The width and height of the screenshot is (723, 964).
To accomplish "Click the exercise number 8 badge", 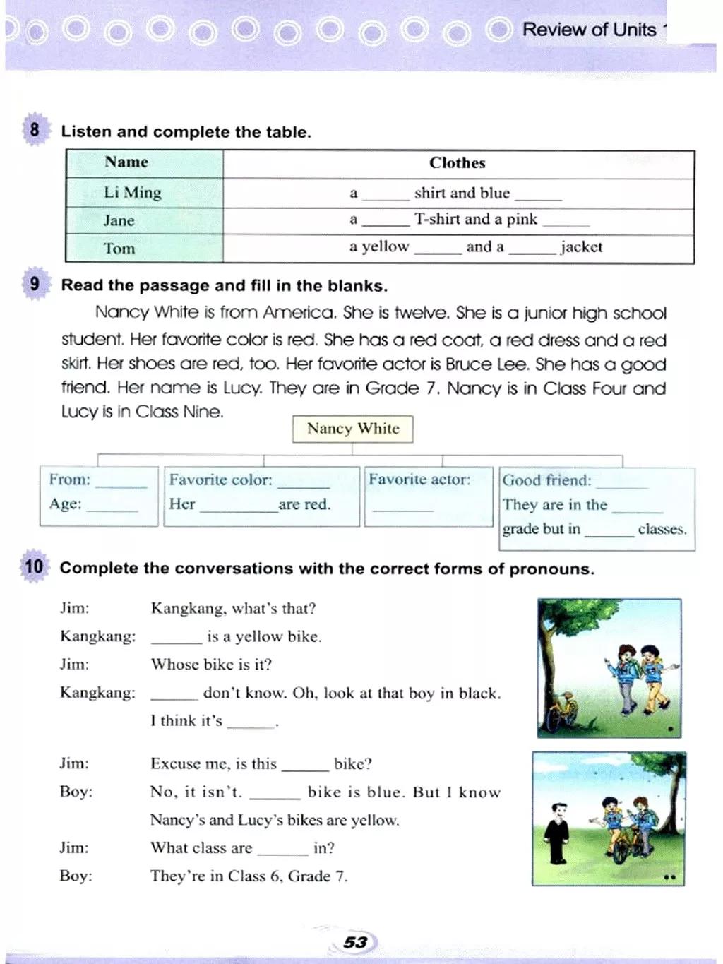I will click(35, 130).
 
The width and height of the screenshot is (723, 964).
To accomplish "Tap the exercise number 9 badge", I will click(35, 284).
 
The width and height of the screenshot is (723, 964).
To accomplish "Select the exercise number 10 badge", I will click(34, 566).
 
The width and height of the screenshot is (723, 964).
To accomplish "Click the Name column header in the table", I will click(126, 162).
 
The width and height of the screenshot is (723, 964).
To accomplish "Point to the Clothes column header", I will click(457, 163).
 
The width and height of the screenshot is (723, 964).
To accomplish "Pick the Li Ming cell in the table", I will click(133, 193).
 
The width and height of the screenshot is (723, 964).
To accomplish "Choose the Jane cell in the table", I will click(119, 220).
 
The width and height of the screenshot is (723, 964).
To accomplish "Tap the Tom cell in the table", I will click(119, 249).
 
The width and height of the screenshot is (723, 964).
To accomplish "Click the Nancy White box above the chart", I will click(353, 429).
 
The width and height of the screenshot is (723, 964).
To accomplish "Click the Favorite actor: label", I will click(419, 480).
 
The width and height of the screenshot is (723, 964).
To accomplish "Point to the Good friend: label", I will click(546, 480).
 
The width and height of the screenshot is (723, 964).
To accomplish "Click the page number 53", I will click(355, 942).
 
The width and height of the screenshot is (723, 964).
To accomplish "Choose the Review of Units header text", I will click(590, 30).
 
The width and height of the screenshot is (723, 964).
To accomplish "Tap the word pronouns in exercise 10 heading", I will click(551, 569).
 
